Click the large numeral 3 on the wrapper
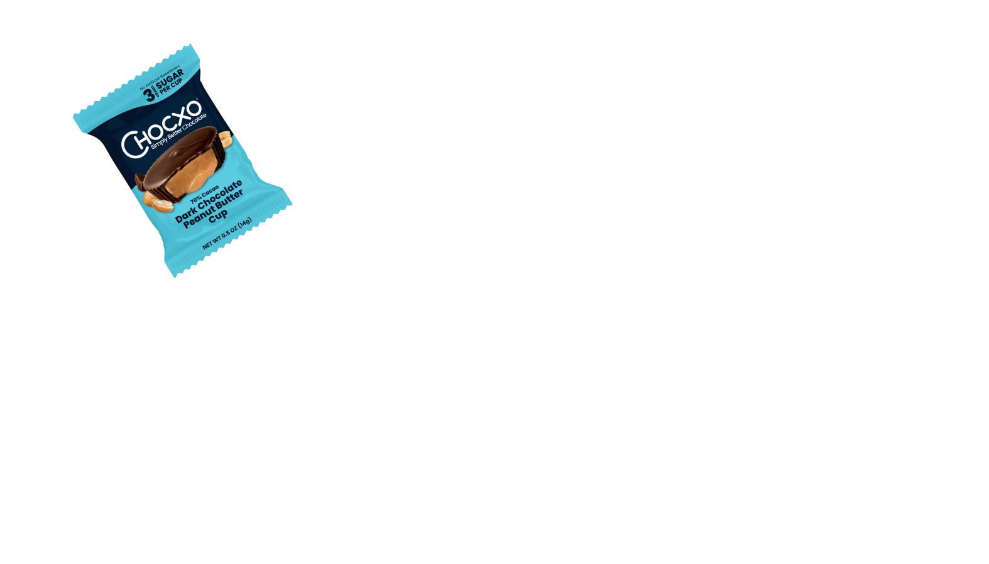pos(150,95)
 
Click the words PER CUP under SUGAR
pos(171,89)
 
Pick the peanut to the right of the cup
pos(225,143)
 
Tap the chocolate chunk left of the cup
pos(139,182)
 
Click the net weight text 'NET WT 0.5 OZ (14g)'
pos(227,234)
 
